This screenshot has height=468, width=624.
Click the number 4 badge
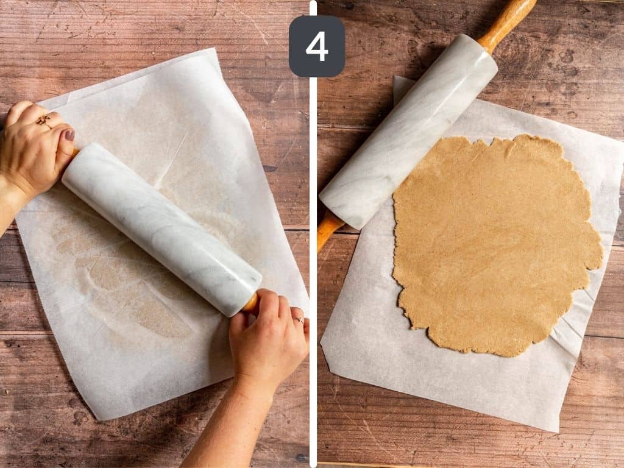[316, 46]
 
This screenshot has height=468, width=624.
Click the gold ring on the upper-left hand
[44, 121]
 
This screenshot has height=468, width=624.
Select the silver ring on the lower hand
[298, 319]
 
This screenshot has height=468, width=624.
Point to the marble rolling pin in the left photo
[161, 229]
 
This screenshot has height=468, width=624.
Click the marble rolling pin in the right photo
[408, 131]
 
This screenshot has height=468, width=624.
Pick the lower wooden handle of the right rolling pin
[327, 229]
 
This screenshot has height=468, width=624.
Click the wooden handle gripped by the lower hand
[250, 302]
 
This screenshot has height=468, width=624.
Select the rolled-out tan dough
[494, 244]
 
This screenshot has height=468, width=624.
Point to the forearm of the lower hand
[229, 427]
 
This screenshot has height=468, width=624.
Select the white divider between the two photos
[313, 244]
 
